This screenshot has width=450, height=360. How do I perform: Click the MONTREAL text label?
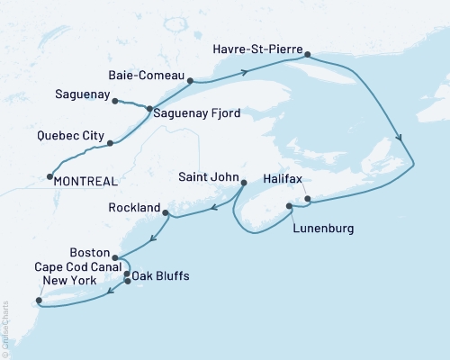click(x=86, y=181)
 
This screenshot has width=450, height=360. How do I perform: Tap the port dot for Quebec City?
click(x=110, y=142)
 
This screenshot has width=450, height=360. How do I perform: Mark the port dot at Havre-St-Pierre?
click(x=307, y=55)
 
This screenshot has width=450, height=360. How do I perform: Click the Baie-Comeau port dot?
click(x=191, y=80)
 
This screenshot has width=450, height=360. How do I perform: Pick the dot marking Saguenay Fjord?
click(x=149, y=109)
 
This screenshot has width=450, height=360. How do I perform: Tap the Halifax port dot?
click(x=307, y=198)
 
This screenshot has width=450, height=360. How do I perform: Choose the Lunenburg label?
click(x=323, y=229)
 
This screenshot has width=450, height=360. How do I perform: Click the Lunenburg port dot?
click(x=289, y=207)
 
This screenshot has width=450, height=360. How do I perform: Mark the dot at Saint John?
click(x=243, y=183)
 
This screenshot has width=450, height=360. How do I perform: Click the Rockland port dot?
click(x=166, y=212)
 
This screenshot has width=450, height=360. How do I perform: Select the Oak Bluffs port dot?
click(x=127, y=282)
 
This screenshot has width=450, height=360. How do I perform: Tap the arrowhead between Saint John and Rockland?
click(x=214, y=208)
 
